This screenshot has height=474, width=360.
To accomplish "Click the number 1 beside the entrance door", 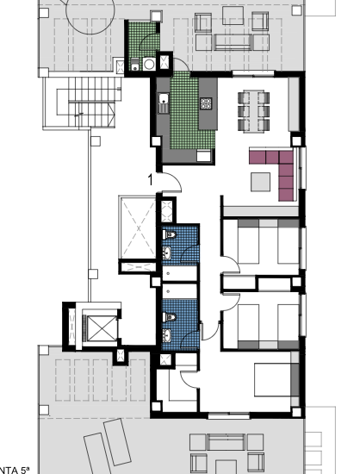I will (152, 180).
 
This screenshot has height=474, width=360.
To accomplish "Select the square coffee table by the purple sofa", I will (260, 181).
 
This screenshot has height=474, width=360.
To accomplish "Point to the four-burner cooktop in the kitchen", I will (207, 103).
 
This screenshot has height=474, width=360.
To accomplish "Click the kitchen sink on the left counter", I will (163, 102).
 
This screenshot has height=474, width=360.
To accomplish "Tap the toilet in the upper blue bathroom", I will (171, 234).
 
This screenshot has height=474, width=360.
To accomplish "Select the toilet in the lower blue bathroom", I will (171, 315).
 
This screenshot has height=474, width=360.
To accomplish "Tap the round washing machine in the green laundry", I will (148, 63).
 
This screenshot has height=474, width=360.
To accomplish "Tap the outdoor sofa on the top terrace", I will (233, 41).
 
